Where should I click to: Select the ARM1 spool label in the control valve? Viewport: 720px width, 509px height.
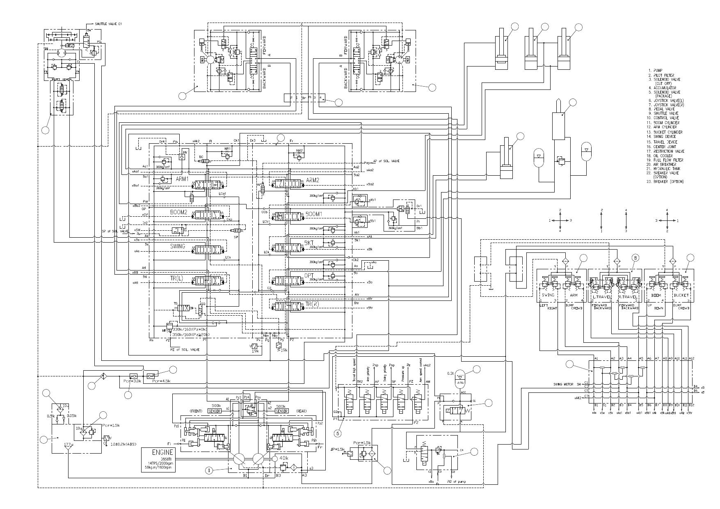point(182,179)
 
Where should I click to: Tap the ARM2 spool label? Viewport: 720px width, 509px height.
point(312,180)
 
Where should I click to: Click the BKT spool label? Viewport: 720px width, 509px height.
point(309,243)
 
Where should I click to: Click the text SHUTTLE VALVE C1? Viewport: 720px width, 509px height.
point(108,24)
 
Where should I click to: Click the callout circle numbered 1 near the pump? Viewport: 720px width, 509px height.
point(209,471)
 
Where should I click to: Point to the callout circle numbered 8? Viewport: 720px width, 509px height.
point(635,258)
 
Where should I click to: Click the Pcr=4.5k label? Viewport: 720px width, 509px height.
point(161,381)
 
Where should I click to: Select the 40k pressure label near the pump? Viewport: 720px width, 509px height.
point(284,458)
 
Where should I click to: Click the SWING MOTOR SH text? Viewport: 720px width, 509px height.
point(567,384)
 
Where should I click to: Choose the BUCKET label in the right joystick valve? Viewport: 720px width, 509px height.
point(681,295)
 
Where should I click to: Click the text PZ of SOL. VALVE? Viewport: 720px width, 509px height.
point(185,349)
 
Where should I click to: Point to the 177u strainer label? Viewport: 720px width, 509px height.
point(69,445)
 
